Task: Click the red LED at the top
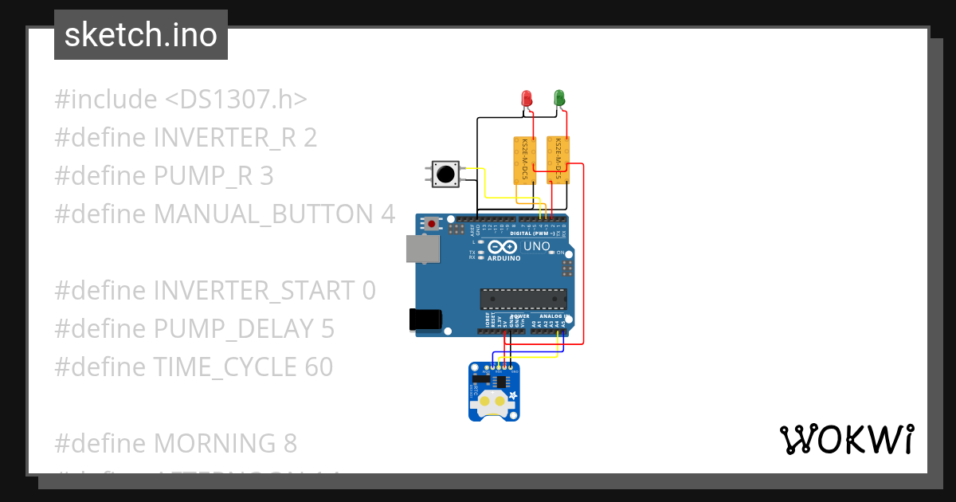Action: pos(526,98)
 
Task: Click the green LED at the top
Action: pos(559,98)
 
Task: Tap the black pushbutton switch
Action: pos(445,173)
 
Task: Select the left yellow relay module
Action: pos(523,159)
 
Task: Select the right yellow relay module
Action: pos(558,159)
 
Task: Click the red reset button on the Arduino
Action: pos(432,224)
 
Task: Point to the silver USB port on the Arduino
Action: pos(422,249)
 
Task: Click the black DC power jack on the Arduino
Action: pos(425,319)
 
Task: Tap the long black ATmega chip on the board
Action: pos(523,299)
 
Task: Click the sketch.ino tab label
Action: pos(141,35)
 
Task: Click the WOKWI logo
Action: pos(846,440)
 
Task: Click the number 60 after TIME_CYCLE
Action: pos(318,367)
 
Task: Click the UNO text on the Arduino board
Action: pos(536,246)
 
